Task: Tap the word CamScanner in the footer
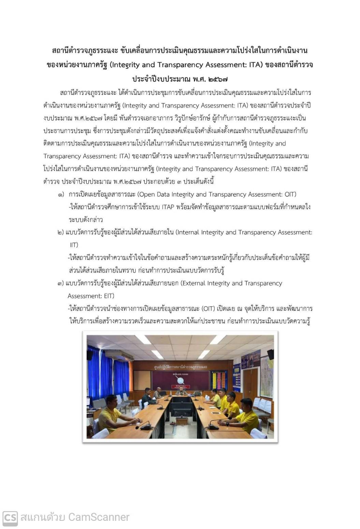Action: [x=99, y=517]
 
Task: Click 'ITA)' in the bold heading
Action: [x=255, y=65]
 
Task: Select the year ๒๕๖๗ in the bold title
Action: [x=216, y=79]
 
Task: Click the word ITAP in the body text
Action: [x=168, y=207]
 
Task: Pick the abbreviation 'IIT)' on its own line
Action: [x=74, y=245]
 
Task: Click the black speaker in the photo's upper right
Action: [x=270, y=354]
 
